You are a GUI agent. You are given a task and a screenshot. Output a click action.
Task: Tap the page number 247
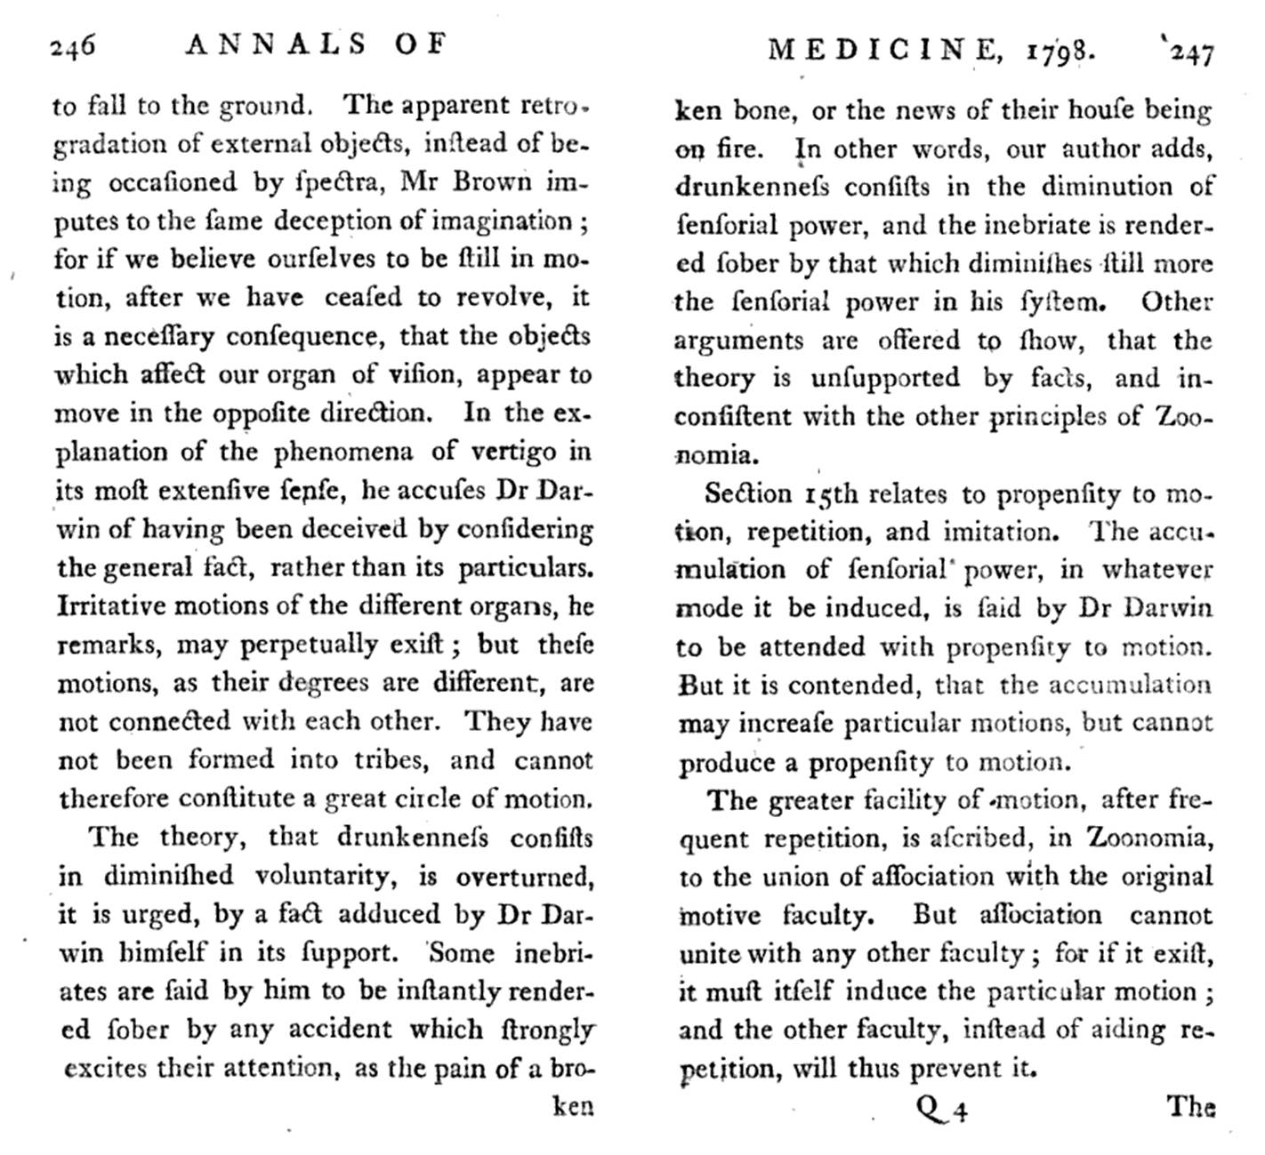click(1190, 53)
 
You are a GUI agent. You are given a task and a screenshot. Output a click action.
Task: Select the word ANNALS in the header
click(276, 44)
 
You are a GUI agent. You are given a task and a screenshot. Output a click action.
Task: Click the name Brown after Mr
click(492, 181)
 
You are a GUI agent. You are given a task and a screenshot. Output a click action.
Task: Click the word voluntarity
click(326, 876)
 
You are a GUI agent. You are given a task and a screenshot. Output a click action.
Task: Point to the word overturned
click(523, 877)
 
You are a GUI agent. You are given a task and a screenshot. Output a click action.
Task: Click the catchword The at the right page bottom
click(1190, 1107)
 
